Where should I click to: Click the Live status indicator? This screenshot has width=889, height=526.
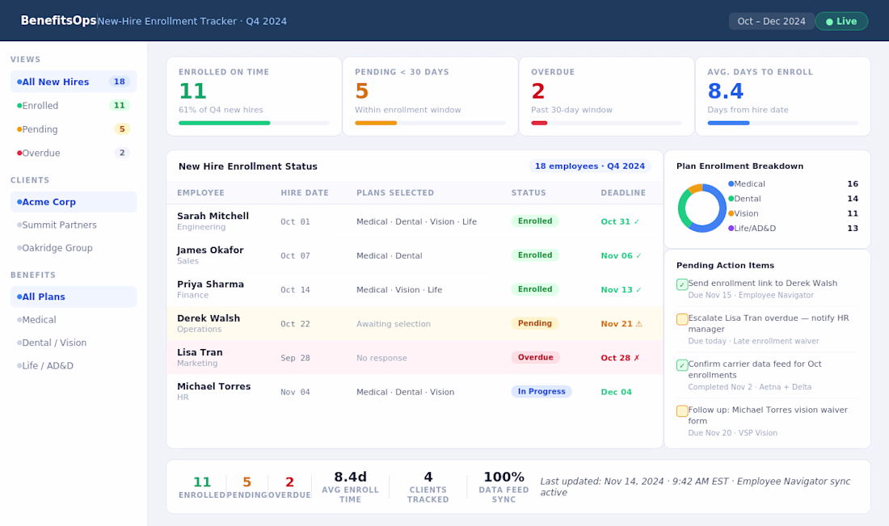pyautogui.click(x=841, y=22)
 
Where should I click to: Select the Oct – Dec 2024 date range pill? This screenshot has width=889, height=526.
pyautogui.click(x=771, y=22)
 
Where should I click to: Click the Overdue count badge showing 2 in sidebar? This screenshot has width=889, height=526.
pyautogui.click(x=122, y=153)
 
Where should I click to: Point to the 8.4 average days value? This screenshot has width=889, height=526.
pyautogui.click(x=725, y=90)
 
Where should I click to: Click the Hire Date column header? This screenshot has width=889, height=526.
pyautogui.click(x=305, y=193)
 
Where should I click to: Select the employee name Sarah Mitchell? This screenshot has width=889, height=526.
pyautogui.click(x=213, y=216)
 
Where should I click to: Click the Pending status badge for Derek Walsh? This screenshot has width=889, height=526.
pyautogui.click(x=535, y=323)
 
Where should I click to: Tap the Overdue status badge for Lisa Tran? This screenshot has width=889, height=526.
pyautogui.click(x=535, y=357)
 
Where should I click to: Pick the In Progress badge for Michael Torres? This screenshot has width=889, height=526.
pyautogui.click(x=541, y=391)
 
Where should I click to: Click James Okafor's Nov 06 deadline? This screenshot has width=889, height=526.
pyautogui.click(x=621, y=255)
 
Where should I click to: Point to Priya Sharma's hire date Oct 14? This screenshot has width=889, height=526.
pyautogui.click(x=295, y=289)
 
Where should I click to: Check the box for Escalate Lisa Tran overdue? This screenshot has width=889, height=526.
pyautogui.click(x=682, y=319)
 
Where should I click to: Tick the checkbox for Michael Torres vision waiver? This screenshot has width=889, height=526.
pyautogui.click(x=682, y=411)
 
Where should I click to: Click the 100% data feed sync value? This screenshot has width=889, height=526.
pyautogui.click(x=503, y=477)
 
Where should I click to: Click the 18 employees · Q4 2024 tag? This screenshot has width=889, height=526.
pyautogui.click(x=590, y=166)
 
